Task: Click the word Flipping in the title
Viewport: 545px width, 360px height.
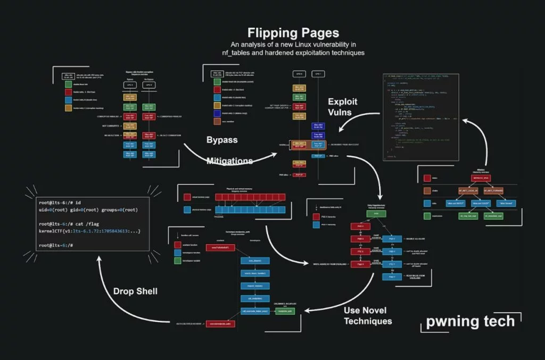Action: [x=270, y=33]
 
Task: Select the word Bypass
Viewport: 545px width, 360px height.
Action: [x=222, y=140]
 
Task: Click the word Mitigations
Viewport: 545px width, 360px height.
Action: [x=229, y=160]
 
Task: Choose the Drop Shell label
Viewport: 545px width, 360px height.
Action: [x=135, y=291]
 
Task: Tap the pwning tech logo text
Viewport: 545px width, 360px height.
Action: [x=470, y=321]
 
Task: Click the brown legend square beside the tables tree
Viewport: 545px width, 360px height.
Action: [x=427, y=190]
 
